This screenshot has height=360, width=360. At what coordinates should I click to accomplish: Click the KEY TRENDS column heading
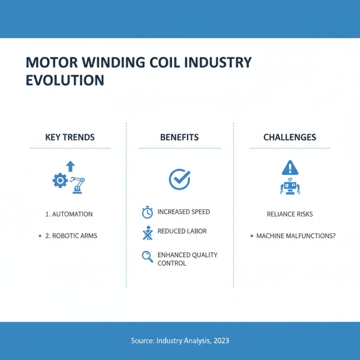click(70, 137)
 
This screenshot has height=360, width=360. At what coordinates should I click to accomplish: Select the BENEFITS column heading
click(179, 137)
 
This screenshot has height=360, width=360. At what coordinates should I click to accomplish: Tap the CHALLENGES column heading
click(289, 137)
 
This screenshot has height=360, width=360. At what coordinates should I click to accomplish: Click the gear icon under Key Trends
click(60, 181)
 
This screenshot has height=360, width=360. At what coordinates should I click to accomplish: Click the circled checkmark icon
click(179, 179)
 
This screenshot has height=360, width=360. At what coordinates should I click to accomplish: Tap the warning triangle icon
click(289, 168)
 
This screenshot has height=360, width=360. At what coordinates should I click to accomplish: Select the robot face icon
click(289, 186)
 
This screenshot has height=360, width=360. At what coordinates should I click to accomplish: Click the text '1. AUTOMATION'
click(69, 214)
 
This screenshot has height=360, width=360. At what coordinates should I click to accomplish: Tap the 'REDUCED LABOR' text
click(182, 231)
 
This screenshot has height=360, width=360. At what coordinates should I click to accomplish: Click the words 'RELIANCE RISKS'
click(289, 214)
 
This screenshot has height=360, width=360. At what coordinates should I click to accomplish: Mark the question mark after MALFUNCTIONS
click(333, 236)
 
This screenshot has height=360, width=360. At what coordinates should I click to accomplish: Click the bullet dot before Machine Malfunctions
click(251, 236)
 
